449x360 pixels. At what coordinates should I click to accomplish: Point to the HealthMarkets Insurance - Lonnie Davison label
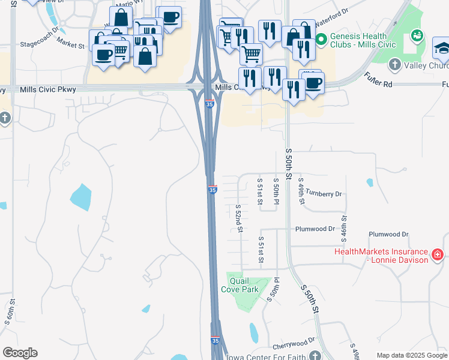382,256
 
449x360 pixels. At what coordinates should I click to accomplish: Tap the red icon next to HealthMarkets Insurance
438,255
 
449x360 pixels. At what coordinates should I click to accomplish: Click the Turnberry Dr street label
324,194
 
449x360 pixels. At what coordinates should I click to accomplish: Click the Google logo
20,353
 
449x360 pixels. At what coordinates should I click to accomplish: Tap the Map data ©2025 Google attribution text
412,355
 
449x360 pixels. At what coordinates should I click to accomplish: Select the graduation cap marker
442,47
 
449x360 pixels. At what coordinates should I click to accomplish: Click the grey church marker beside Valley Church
394,64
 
